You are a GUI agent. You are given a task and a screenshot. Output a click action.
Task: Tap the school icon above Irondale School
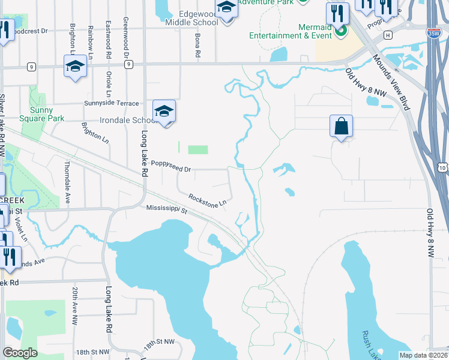point(164,111)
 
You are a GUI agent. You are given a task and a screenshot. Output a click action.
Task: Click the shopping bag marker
point(341,127)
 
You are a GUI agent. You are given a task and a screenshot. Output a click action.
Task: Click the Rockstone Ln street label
point(207,199)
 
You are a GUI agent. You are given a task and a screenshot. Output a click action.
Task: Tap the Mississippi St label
point(167,209)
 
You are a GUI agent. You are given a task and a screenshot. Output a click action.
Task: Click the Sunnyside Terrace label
point(112,103)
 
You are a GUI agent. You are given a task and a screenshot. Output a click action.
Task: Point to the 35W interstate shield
point(433,34)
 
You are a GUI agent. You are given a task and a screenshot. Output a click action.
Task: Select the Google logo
point(20,353)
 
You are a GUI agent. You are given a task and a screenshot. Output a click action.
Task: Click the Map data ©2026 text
point(423,355)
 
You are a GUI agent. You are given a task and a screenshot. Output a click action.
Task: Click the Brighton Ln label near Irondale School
point(96,133)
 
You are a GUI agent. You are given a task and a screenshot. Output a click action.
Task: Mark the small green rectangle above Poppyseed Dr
point(198,149)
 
